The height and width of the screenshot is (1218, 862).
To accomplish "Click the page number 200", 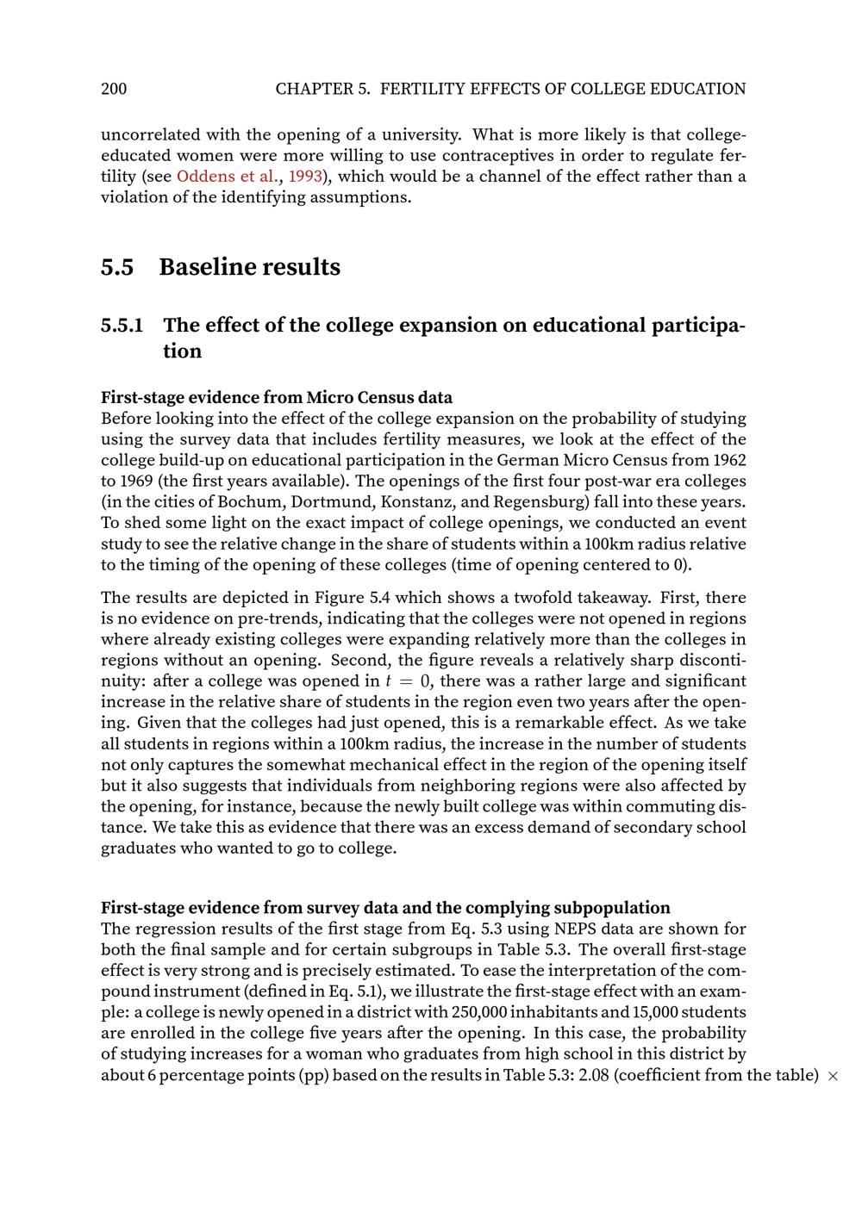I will [114, 89].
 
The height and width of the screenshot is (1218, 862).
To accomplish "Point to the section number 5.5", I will [117, 267].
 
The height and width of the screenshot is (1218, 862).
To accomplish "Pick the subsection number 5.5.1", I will [122, 326].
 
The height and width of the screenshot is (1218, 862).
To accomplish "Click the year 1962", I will [729, 461].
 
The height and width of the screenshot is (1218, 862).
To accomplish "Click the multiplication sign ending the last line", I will [833, 1076].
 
